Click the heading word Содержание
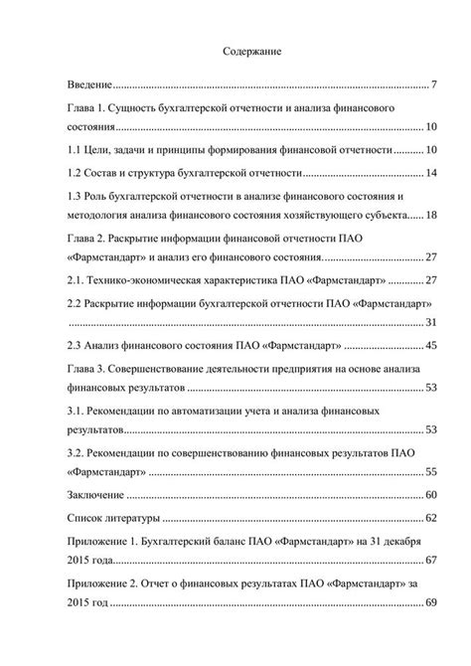point(253,51)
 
